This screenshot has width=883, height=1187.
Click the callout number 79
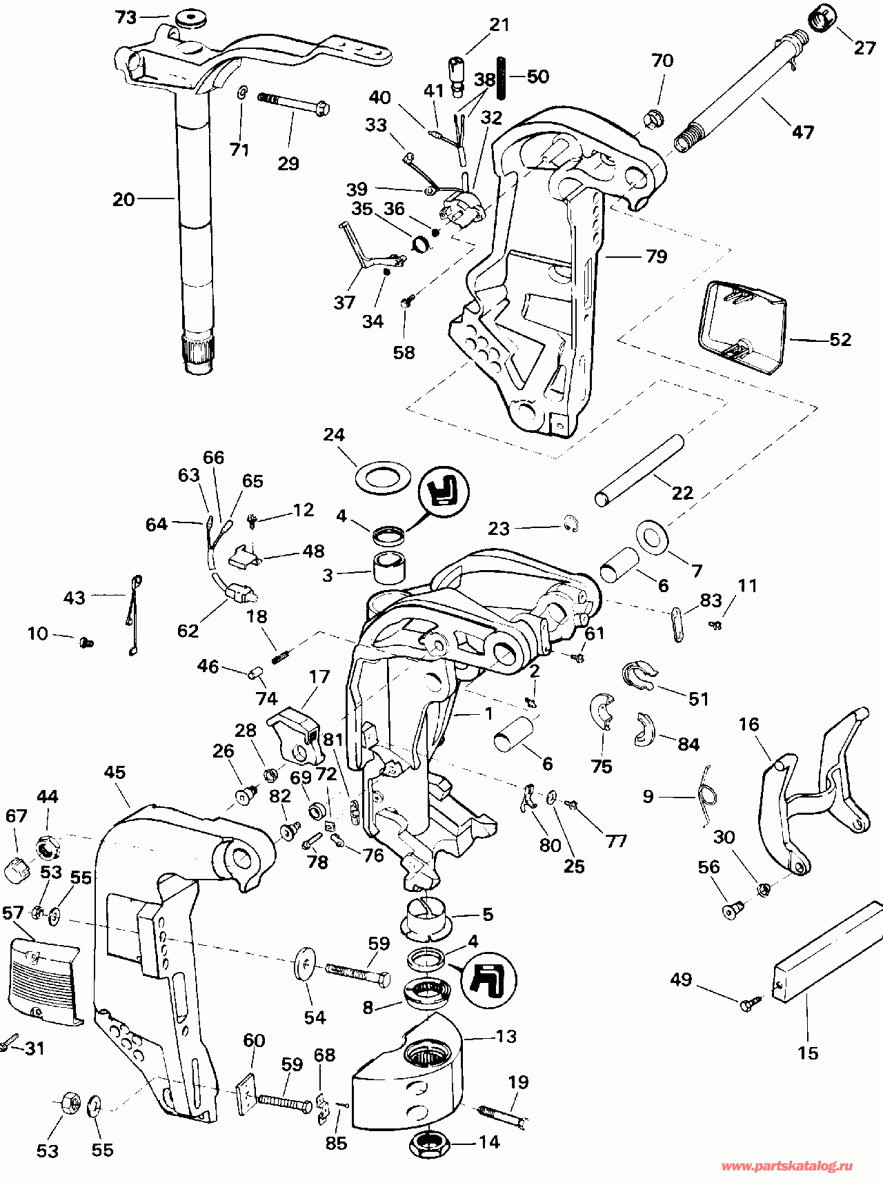point(657,256)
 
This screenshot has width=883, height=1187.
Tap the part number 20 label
point(123,200)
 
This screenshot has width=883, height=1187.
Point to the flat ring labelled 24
point(382,477)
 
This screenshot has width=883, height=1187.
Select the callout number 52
point(840,339)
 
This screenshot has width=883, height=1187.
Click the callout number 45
point(115,772)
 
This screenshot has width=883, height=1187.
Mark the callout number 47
point(802,132)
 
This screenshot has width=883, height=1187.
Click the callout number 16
point(748,724)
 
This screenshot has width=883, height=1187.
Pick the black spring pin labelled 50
point(506,76)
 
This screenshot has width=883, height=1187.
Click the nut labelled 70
point(654,119)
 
